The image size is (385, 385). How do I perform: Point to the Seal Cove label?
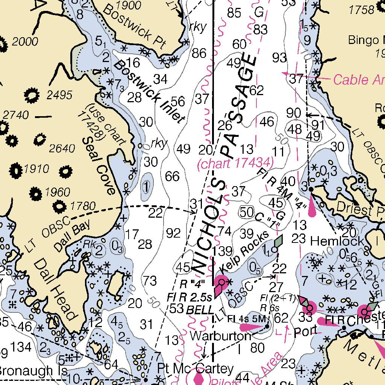click(99, 165)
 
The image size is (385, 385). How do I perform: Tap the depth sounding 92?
click(173, 233)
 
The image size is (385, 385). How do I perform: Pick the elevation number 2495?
click(59, 95)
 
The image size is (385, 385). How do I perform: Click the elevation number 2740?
click(15, 115)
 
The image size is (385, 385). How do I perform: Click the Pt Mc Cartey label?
click(195, 368)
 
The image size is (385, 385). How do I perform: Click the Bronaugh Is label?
click(33, 371)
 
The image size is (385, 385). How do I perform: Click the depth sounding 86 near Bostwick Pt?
click(199, 53)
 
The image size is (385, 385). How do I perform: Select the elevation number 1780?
click(83, 206)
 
